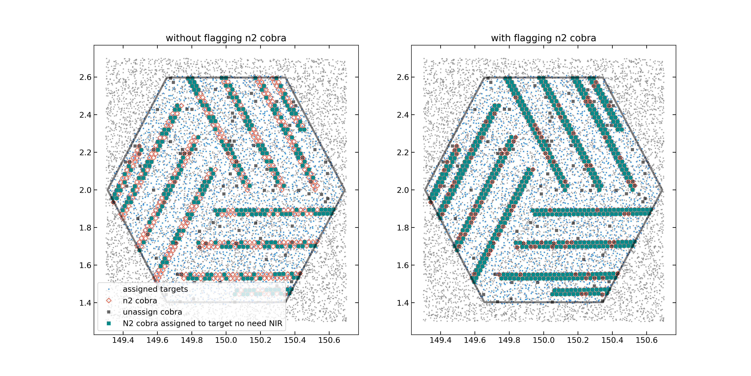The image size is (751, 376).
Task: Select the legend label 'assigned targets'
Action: [155, 289]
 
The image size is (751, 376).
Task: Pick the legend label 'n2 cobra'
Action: [140, 300]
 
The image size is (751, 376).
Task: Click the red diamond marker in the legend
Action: [109, 300]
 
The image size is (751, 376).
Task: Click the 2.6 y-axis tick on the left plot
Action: [85, 77]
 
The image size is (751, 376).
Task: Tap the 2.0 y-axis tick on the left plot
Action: [85, 190]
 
